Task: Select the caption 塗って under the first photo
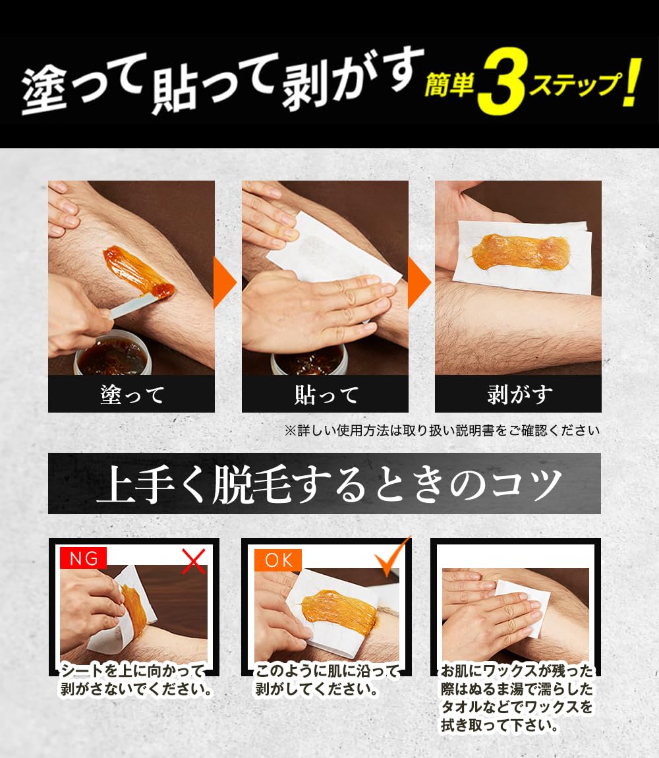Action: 132,395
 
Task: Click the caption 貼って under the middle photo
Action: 326,395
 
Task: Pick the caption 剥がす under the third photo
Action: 519,395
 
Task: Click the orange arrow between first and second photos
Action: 224,283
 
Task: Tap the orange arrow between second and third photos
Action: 418,283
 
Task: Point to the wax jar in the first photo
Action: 112,356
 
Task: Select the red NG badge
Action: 84,559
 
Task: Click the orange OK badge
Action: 278,560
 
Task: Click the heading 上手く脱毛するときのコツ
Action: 324,484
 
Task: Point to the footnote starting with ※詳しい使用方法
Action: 442,431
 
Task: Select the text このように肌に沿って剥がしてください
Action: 327,681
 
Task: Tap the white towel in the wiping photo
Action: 524,606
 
